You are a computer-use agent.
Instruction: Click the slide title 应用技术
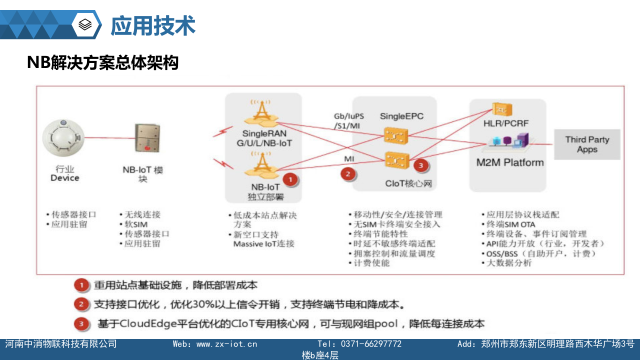pos(152,25)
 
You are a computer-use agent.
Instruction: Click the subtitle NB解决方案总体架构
pos(102,63)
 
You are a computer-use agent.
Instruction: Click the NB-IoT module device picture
pos(147,138)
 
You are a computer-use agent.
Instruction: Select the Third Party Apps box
pos(587,144)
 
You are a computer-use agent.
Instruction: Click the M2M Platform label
pos(509,162)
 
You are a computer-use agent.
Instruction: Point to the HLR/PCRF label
pos(505,123)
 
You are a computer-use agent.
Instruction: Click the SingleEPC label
pos(401,116)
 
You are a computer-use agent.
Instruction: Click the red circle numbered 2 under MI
pos(348,173)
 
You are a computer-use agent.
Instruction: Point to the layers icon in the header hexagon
pos(85,24)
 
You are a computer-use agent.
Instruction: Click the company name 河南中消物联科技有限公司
pos(61,344)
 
